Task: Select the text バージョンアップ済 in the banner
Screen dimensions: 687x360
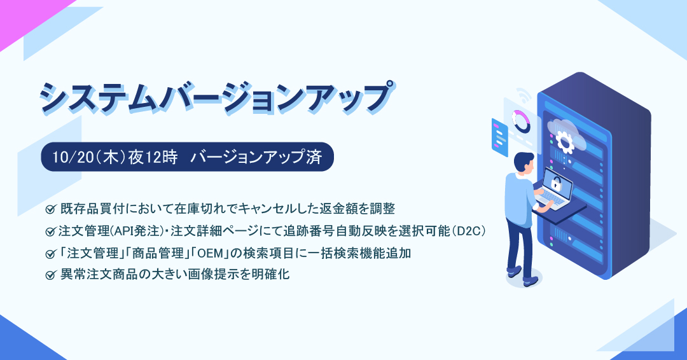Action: coord(256,157)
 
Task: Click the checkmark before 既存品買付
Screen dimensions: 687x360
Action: coord(50,209)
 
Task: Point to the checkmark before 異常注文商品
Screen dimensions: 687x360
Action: coord(50,275)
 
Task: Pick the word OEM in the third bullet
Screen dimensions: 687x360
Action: coord(212,253)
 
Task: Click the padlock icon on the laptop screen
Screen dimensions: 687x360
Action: coord(556,184)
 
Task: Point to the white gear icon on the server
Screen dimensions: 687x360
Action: coord(564,140)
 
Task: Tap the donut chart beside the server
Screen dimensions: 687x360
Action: coord(522,121)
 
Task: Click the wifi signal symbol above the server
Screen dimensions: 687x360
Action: coord(523,95)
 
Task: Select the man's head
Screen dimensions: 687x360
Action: coord(524,162)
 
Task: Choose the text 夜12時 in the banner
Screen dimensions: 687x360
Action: coord(153,157)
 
